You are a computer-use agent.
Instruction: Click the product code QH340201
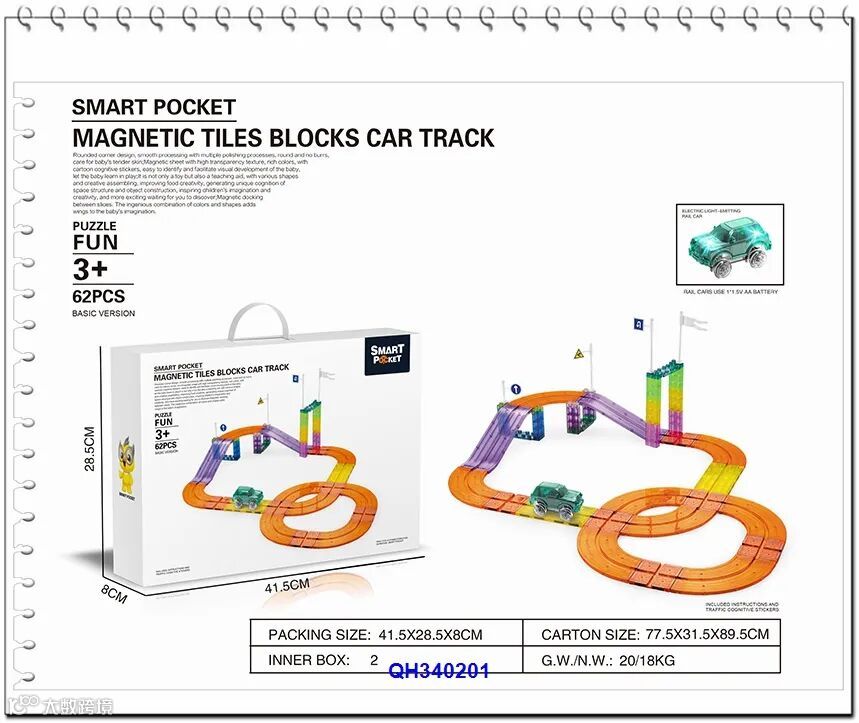[x=439, y=670]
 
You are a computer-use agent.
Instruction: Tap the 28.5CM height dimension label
[x=89, y=450]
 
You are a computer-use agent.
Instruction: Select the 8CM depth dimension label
[x=115, y=593]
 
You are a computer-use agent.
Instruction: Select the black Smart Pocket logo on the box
[x=387, y=354]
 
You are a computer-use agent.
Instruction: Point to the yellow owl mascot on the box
[x=127, y=459]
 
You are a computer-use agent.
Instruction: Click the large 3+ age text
[x=90, y=270]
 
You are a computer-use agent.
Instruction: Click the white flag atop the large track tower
[x=692, y=322]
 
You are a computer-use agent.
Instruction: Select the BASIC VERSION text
[x=103, y=313]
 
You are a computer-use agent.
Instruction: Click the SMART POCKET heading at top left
[x=154, y=108]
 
